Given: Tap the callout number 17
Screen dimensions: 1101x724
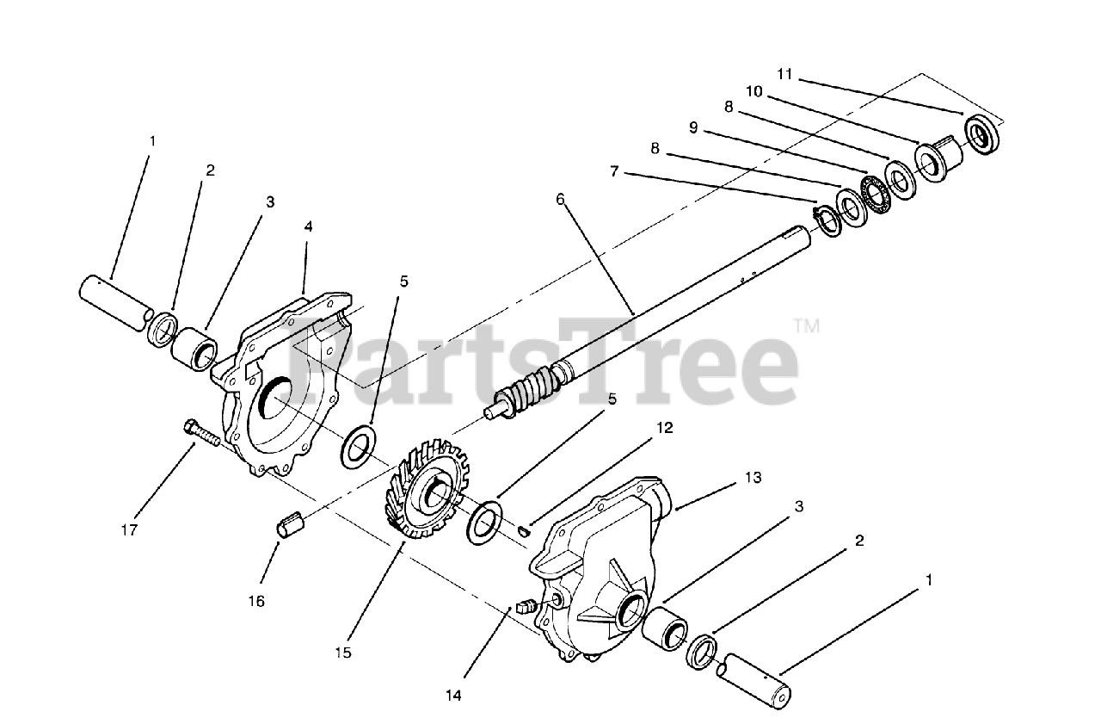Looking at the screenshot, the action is click(129, 530).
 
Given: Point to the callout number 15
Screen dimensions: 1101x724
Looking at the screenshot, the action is click(343, 653).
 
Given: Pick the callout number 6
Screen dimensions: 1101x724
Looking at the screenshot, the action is click(560, 199).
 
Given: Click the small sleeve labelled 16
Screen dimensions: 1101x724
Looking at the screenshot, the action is click(290, 524).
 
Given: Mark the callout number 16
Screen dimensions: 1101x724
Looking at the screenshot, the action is click(257, 601).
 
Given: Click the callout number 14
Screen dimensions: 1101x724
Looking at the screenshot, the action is click(454, 694).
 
